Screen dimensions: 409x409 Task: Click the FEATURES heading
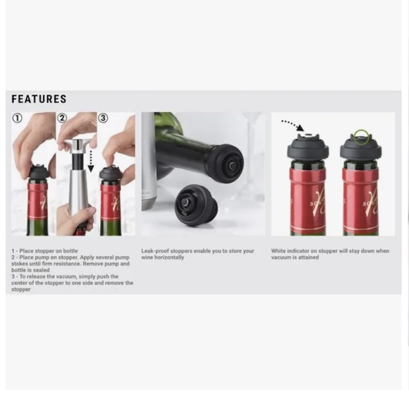pos(39,99)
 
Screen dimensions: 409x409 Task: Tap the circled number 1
pos(17,118)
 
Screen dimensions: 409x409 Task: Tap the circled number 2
pos(61,118)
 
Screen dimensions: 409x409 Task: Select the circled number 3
pos(103,118)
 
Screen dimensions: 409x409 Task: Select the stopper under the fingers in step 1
pos(37,173)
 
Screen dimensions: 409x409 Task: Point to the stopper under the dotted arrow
pos(307,147)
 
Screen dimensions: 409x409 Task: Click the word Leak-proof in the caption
pos(153,251)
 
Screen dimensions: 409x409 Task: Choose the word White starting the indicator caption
pos(279,251)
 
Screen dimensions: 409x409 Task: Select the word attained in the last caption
pos(307,257)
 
